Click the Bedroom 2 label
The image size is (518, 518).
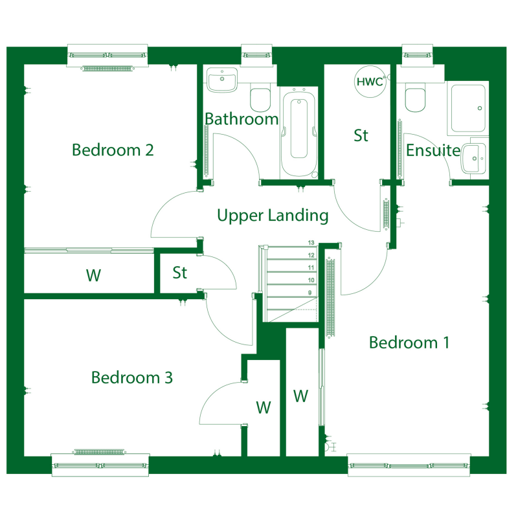(x=113, y=150)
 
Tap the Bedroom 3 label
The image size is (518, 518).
(x=132, y=377)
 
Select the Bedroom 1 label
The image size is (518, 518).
(x=409, y=343)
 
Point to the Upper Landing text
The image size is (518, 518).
(x=273, y=216)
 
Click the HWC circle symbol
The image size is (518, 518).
(x=370, y=82)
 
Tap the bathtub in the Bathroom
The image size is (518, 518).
(x=299, y=133)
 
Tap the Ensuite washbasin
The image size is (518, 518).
(x=474, y=159)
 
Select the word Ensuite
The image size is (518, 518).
(x=433, y=150)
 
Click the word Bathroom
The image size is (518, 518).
(x=242, y=119)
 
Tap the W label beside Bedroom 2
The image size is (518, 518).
(x=93, y=275)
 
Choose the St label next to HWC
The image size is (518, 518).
(x=361, y=135)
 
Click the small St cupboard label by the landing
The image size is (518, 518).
(x=180, y=273)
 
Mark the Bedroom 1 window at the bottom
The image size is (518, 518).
(x=409, y=465)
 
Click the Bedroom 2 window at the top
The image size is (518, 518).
(x=107, y=56)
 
